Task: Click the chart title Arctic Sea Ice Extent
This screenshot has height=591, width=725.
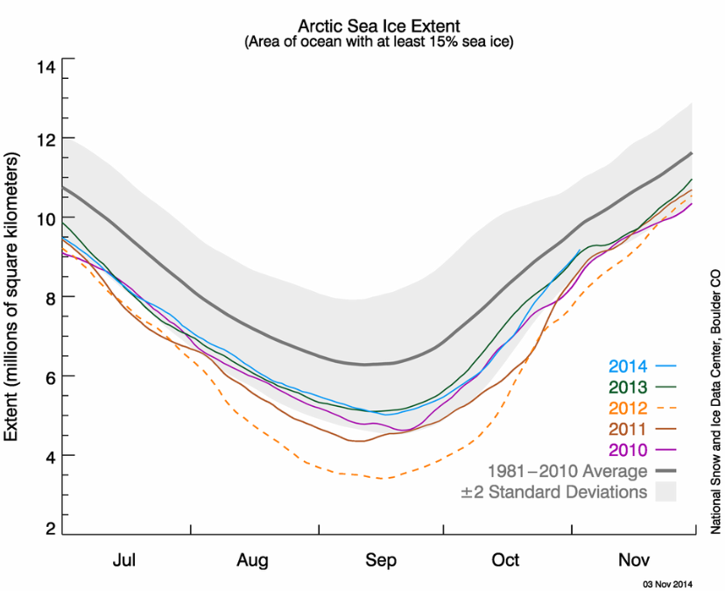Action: [378, 25]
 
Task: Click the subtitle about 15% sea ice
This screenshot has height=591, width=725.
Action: [378, 41]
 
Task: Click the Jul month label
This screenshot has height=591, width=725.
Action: [125, 560]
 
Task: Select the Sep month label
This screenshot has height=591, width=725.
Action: [381, 560]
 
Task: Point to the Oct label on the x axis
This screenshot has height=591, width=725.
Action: [505, 560]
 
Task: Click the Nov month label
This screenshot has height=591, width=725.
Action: [632, 560]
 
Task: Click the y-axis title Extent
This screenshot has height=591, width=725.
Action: [12, 298]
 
